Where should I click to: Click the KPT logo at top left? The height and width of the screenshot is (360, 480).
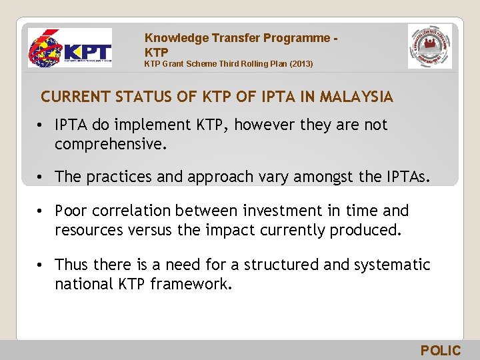click(x=70, y=48)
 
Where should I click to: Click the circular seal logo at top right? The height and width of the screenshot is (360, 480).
click(x=429, y=47)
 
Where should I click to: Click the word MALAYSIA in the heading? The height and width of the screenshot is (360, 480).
click(x=357, y=97)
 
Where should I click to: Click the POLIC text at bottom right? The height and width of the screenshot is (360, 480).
click(x=440, y=351)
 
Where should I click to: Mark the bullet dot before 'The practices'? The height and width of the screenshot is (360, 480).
click(x=41, y=177)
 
